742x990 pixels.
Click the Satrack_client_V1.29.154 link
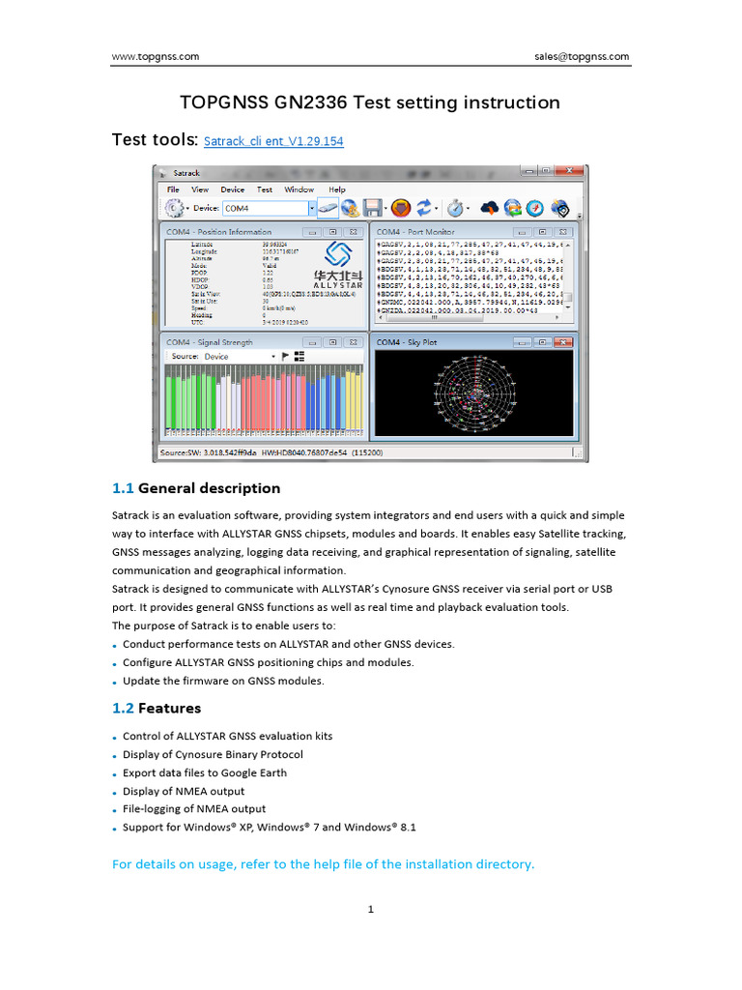tap(273, 142)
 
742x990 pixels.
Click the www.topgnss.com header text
tap(156, 57)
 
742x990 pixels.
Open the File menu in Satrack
tap(173, 189)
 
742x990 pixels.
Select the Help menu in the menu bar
tap(337, 189)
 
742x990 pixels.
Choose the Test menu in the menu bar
tap(264, 189)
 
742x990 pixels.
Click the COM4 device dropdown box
tap(269, 208)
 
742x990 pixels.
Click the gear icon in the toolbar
tap(174, 208)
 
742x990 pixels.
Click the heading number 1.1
tap(123, 488)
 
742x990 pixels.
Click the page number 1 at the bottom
tap(370, 909)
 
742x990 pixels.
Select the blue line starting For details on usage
tap(323, 864)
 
